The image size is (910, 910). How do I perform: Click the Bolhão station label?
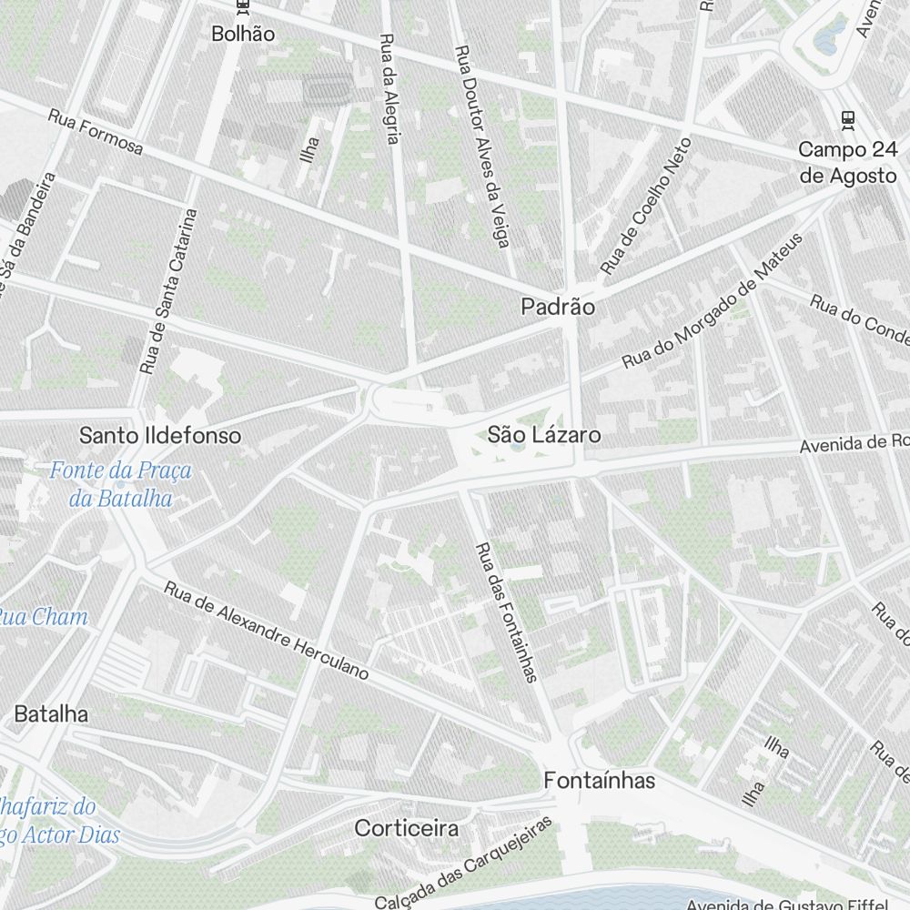tap(242, 34)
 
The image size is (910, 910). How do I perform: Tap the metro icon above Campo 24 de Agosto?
tap(848, 118)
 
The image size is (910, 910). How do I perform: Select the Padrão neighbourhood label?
tap(558, 308)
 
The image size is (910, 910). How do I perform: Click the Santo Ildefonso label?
tap(160, 435)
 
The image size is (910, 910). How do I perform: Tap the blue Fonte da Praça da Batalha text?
tap(121, 484)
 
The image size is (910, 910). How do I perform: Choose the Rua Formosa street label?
tap(96, 132)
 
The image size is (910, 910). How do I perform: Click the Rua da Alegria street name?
tap(389, 89)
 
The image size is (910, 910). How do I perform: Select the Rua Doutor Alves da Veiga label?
tap(483, 146)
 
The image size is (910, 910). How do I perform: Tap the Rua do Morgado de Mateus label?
tap(713, 301)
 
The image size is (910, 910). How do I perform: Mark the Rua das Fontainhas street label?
tap(507, 612)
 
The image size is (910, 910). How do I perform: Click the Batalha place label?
tap(51, 714)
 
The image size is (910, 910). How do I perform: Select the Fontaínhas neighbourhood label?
tap(599, 781)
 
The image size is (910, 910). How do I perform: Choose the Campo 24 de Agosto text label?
tap(848, 162)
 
